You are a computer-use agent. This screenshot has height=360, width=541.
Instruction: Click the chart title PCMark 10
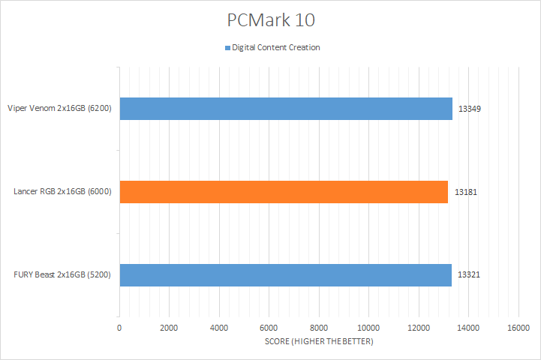(x=270, y=19)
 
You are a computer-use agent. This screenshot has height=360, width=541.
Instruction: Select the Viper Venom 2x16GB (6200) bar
(x=285, y=109)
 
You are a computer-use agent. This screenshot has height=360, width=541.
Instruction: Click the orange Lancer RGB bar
(x=283, y=192)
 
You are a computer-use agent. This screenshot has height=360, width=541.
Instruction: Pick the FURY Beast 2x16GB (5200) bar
(x=285, y=275)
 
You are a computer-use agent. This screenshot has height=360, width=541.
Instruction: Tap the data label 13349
(x=469, y=109)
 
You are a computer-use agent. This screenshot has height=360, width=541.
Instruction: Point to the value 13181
(x=466, y=192)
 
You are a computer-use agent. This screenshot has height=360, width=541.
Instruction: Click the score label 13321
(x=469, y=275)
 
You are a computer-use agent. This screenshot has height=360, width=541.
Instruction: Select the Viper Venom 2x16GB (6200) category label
(x=59, y=109)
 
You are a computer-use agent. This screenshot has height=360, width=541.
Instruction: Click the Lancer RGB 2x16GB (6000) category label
(x=62, y=192)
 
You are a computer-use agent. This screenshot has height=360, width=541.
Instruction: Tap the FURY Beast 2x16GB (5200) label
(x=62, y=275)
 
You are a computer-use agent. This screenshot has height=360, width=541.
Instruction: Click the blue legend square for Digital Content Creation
(x=227, y=48)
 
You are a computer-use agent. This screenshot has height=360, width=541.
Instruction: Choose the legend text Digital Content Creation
(x=276, y=48)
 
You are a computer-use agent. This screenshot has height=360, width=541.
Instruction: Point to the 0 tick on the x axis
(x=119, y=328)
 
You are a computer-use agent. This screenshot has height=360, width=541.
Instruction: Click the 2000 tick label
(x=169, y=328)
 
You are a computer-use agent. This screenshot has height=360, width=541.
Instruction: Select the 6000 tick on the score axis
(x=269, y=328)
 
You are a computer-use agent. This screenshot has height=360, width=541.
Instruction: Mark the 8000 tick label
(x=319, y=328)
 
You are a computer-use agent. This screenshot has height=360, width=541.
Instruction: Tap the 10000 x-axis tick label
(x=368, y=328)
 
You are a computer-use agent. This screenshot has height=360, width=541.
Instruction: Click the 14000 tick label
(x=468, y=328)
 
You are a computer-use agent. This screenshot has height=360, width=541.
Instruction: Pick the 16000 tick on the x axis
(x=518, y=328)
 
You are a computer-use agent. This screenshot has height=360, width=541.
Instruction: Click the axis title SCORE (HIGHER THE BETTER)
(x=319, y=342)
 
